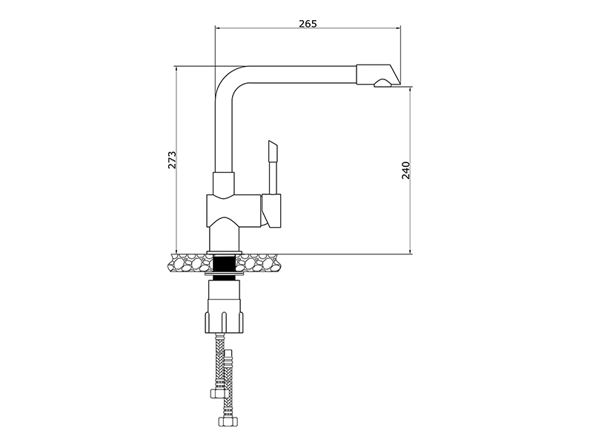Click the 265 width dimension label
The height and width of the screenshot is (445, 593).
308,24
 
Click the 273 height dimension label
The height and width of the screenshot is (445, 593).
172,159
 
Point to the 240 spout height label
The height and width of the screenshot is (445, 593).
405,170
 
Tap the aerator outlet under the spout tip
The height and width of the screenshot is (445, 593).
382,83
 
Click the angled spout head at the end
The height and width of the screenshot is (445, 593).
378,75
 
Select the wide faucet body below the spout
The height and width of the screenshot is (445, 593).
233,211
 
